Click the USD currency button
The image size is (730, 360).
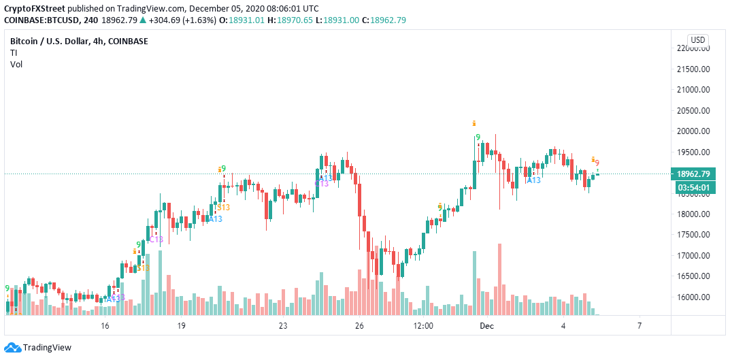[x=698, y=39]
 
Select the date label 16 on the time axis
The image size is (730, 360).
[x=105, y=327]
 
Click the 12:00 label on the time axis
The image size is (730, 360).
[x=423, y=327]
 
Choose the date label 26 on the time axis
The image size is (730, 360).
[x=359, y=327]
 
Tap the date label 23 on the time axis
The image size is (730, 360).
[x=283, y=327]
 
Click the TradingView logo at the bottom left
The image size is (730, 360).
[x=38, y=348]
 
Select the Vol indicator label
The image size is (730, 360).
[x=16, y=64]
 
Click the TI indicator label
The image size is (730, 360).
[x=14, y=52]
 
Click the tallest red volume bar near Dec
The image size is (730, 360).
[x=499, y=279]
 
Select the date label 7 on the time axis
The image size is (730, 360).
[x=640, y=327]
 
